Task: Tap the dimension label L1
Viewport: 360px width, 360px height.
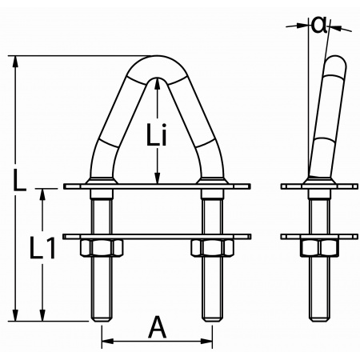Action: click(x=38, y=251)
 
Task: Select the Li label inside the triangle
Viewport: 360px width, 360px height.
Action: click(x=158, y=137)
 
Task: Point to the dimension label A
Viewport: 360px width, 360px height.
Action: click(x=158, y=328)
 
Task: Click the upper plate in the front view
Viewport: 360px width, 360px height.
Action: click(x=158, y=188)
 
